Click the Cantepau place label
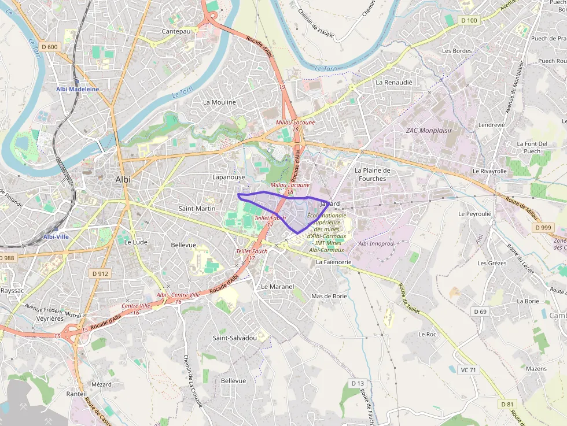point(176,31)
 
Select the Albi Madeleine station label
point(78,89)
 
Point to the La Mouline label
point(219,102)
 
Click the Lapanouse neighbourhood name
point(229,177)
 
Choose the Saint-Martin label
point(197,208)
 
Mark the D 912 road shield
point(100,273)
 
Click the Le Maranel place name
point(277,287)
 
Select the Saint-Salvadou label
point(234,338)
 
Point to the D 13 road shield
point(358,383)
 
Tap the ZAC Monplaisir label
point(428,131)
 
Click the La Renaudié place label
point(394,82)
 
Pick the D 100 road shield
point(469,21)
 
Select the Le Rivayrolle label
point(490,171)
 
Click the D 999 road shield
point(543,228)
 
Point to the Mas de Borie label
point(329,296)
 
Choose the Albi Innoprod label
point(375,243)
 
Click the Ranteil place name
point(76,394)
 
